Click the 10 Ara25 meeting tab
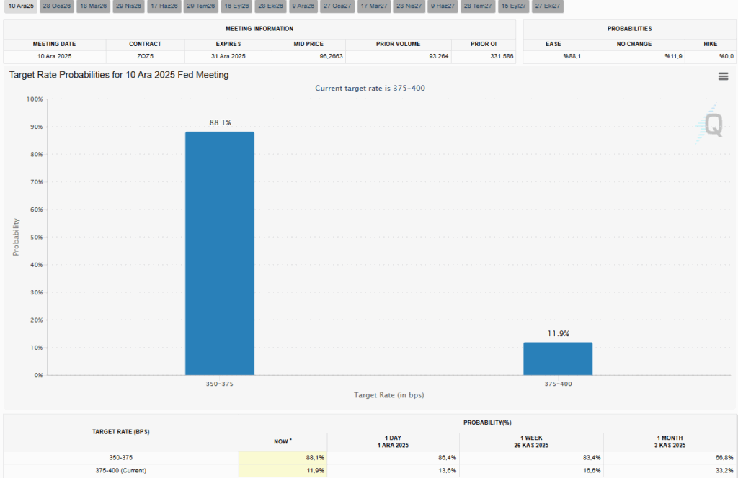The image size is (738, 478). (x=21, y=6)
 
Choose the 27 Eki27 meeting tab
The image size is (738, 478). (x=548, y=6)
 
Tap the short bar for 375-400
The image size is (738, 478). (x=558, y=358)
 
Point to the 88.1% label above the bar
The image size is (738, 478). (x=220, y=123)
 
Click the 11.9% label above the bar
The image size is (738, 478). (x=558, y=333)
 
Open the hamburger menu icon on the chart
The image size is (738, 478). (x=723, y=76)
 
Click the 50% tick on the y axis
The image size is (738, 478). (x=35, y=237)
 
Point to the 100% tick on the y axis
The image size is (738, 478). (x=34, y=99)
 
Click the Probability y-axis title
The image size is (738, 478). (x=15, y=237)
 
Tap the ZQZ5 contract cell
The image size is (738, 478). (x=145, y=56)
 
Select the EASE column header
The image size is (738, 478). (x=553, y=44)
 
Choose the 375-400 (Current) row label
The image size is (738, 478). (x=120, y=470)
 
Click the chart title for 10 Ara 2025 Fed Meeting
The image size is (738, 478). (x=119, y=75)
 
